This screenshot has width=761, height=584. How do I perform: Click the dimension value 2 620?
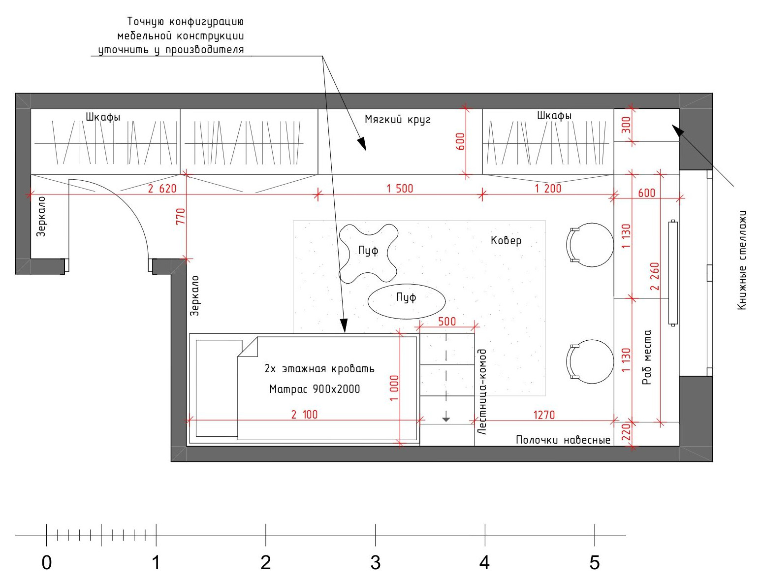coord(162,189)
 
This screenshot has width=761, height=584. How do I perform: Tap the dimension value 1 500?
coord(400,189)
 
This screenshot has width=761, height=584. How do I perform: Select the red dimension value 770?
coord(180,217)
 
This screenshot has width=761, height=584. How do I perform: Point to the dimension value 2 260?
coord(655,276)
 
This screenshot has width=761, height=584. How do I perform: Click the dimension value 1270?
coord(544,415)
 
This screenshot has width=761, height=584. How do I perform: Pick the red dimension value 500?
coord(447,321)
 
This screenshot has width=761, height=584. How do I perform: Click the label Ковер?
coord(506,240)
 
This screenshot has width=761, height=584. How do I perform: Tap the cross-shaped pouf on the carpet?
coord(368,253)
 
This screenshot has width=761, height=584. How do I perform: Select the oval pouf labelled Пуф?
coord(406,301)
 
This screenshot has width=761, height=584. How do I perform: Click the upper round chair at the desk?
coord(590,245)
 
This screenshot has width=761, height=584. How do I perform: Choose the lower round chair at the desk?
coord(590,361)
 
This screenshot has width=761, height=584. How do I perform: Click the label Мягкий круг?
coord(398,120)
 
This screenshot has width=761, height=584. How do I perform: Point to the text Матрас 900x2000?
coord(315,389)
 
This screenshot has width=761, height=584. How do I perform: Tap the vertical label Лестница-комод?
coord(482,391)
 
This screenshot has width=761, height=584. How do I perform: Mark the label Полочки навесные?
coord(563,440)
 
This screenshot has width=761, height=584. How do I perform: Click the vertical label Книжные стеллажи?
coord(742,260)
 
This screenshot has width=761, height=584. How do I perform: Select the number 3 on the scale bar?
coord(376,563)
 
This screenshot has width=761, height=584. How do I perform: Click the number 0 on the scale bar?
coord(47,563)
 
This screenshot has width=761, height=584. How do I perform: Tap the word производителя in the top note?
coord(204,50)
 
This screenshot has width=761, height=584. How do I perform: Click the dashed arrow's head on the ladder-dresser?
coord(446,420)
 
